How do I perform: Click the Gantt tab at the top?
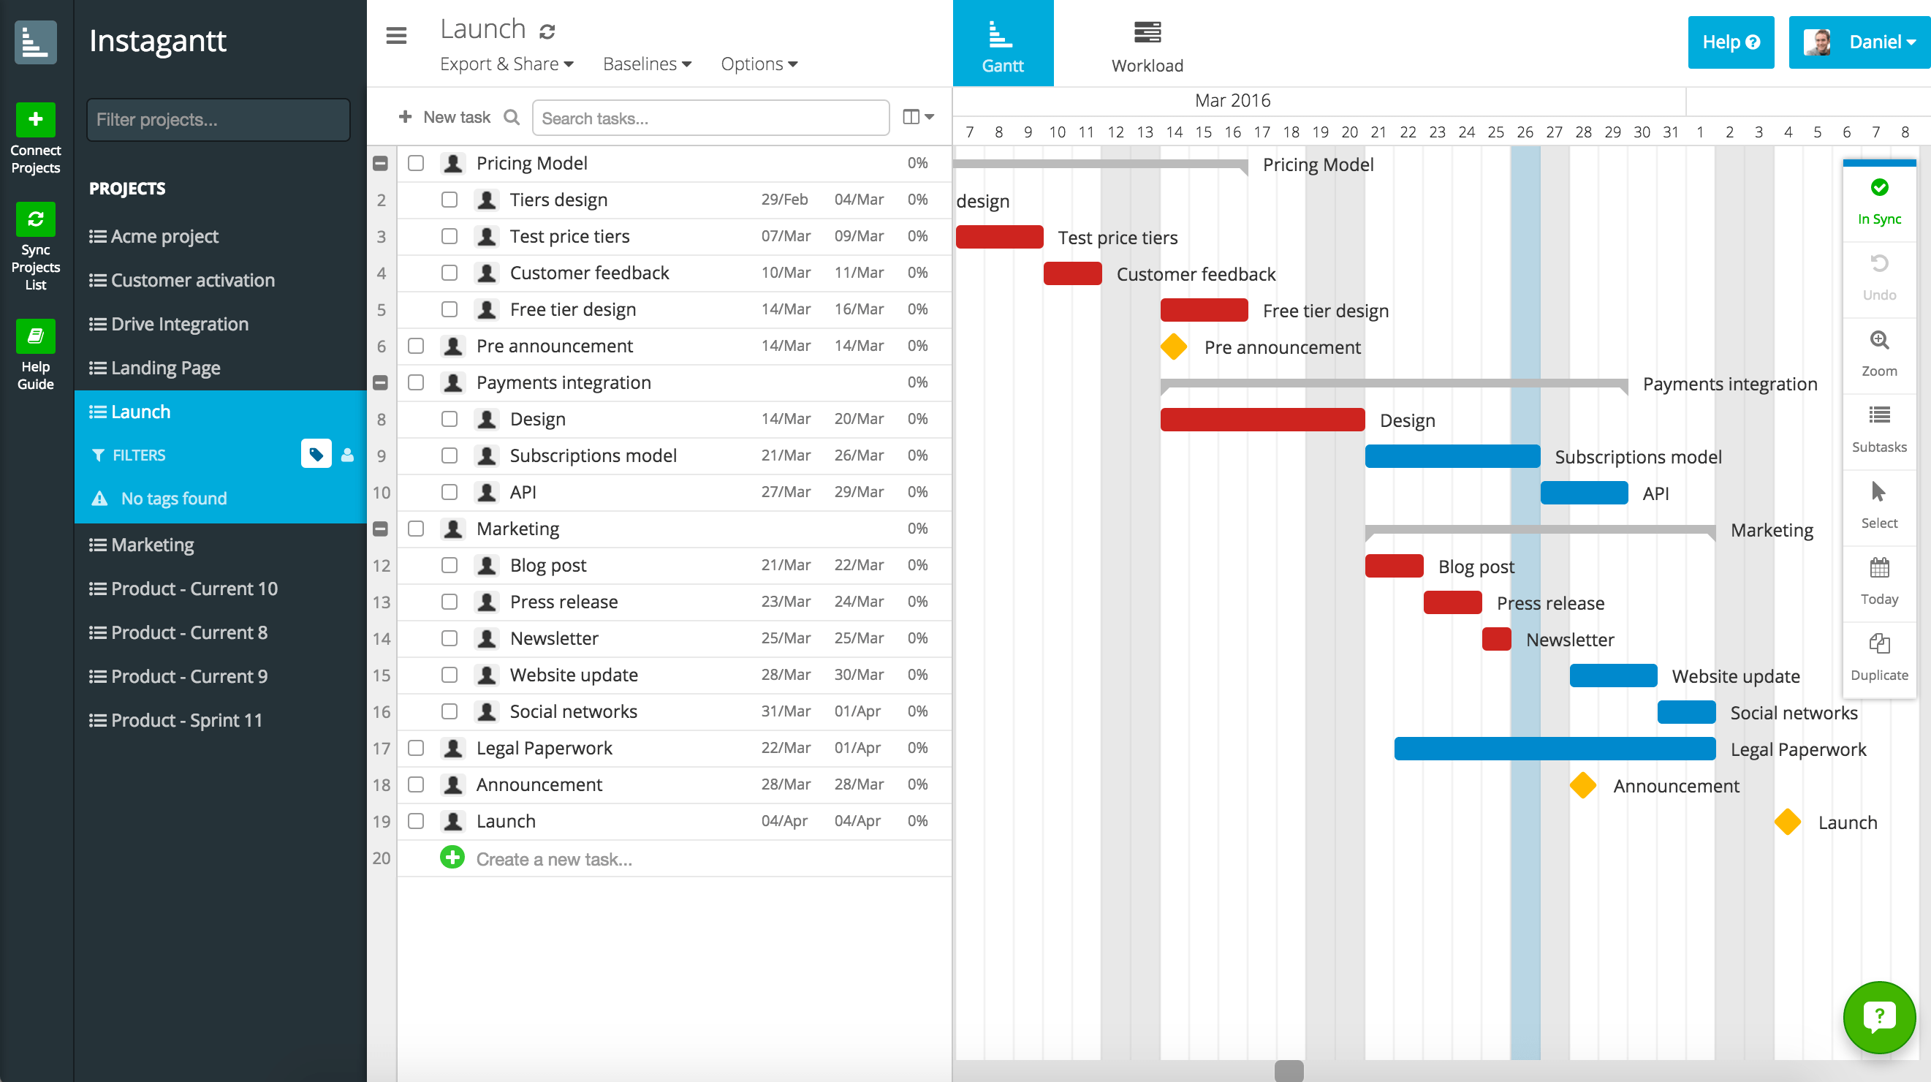[1002, 43]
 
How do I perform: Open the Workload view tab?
[1147, 45]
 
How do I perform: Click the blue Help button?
[1730, 42]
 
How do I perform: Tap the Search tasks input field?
[710, 118]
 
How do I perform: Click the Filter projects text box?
[218, 119]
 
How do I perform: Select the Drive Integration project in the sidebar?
[179, 324]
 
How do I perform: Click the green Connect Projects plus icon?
[35, 119]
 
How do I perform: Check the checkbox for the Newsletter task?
[449, 638]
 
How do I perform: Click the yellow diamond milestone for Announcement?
[1582, 785]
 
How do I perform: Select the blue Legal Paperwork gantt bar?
[1554, 749]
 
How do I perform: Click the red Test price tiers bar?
[999, 237]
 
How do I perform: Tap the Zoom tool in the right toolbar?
[1878, 352]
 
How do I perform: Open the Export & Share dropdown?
[507, 64]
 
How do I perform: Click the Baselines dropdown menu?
[647, 64]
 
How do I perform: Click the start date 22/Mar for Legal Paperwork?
[786, 748]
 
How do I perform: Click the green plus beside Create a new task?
[452, 857]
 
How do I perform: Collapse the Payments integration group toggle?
[381, 382]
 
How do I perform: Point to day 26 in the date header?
[1525, 133]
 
